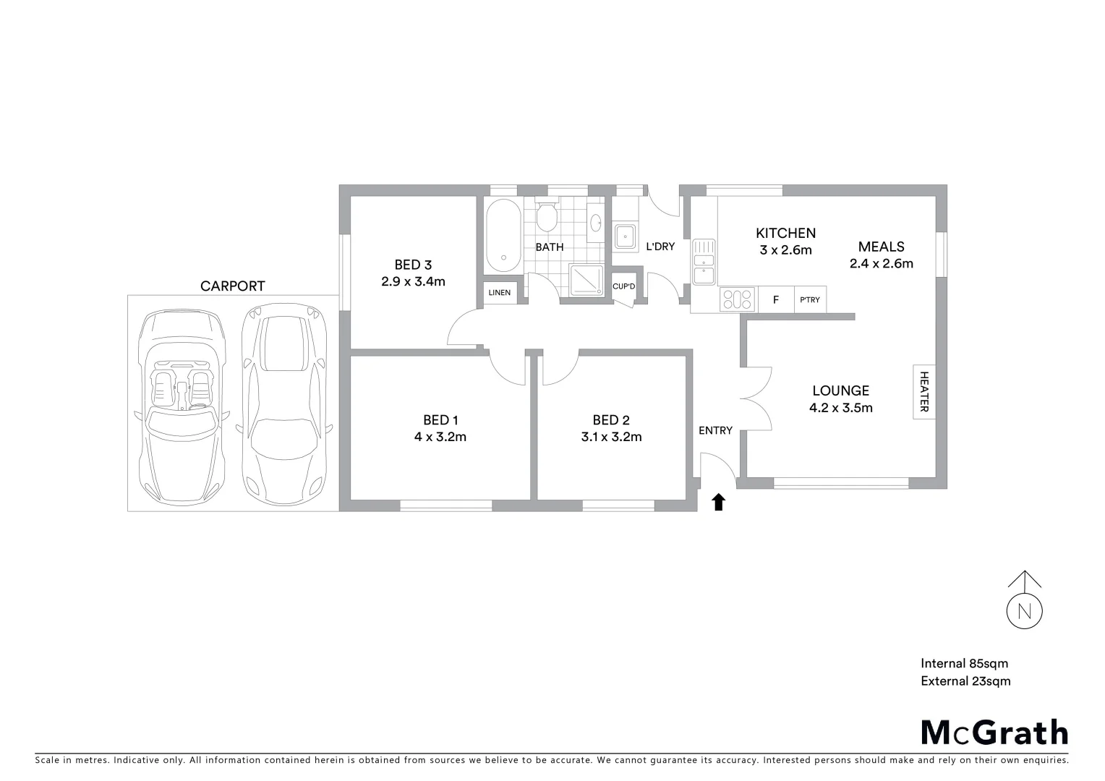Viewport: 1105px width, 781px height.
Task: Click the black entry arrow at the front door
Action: tap(718, 502)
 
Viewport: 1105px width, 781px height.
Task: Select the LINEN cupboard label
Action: tap(500, 293)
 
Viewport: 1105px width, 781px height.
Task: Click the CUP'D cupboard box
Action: tap(623, 286)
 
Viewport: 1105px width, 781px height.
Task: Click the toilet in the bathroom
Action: tap(547, 216)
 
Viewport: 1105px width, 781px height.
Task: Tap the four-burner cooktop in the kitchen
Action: tap(738, 299)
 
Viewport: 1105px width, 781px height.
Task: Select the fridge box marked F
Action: tap(776, 299)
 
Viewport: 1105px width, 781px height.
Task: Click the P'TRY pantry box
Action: tap(810, 299)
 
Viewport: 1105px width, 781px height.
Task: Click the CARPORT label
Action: tap(233, 286)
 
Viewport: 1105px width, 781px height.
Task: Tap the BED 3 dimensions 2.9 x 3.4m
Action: tap(413, 281)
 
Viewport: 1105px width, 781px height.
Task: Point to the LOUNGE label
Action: tap(840, 390)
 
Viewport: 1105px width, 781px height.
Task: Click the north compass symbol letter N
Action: tap(1024, 611)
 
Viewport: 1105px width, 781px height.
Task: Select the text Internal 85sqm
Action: tap(964, 663)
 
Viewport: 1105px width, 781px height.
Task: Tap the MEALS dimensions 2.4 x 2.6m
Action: tap(881, 263)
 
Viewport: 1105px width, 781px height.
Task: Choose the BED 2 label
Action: tap(611, 420)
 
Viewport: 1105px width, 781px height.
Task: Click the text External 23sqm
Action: tap(965, 680)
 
